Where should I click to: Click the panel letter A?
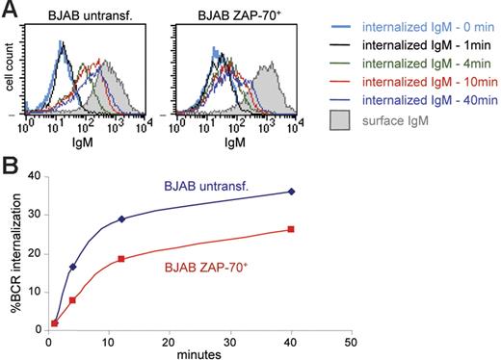click(9, 9)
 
